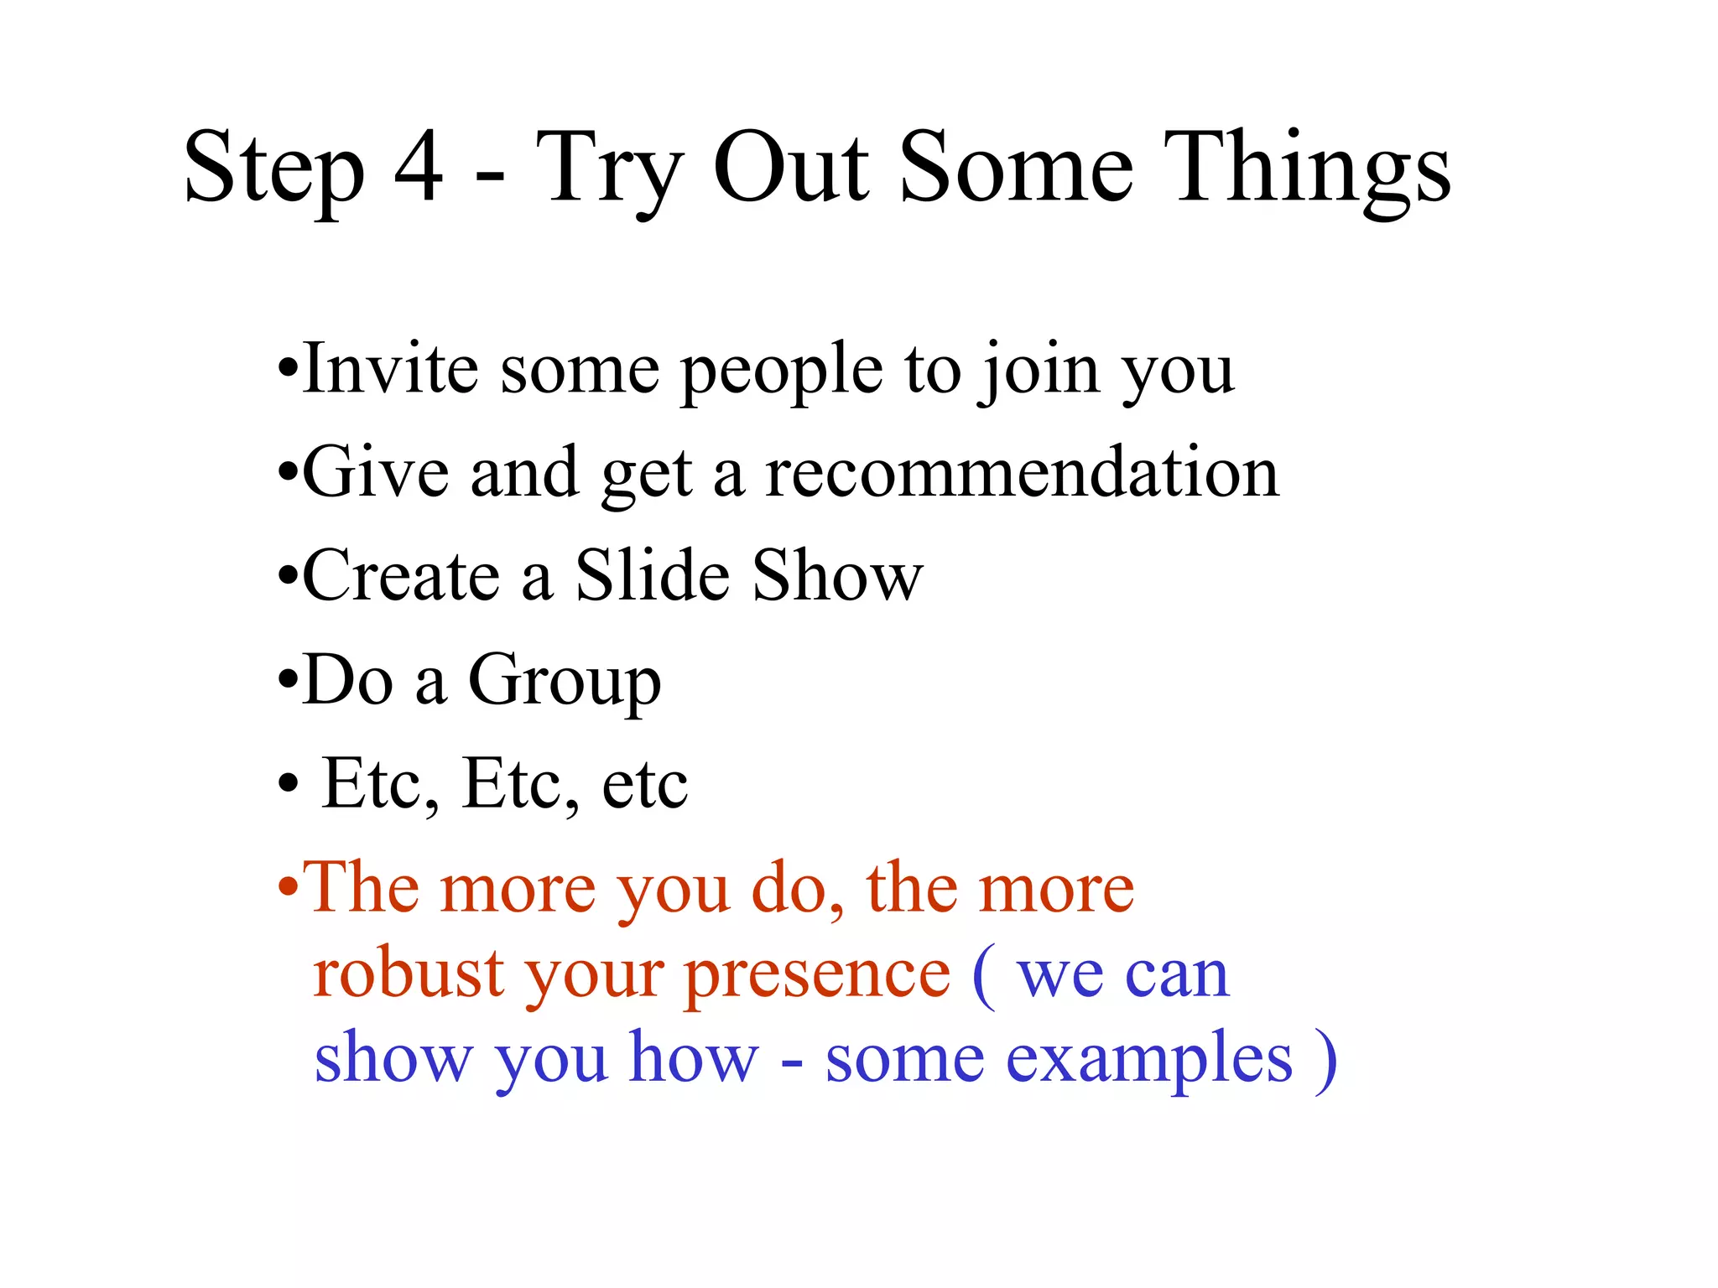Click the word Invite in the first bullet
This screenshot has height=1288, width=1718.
(x=391, y=369)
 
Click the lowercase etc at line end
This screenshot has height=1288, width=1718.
(x=644, y=784)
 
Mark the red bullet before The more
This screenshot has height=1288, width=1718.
(x=288, y=888)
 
